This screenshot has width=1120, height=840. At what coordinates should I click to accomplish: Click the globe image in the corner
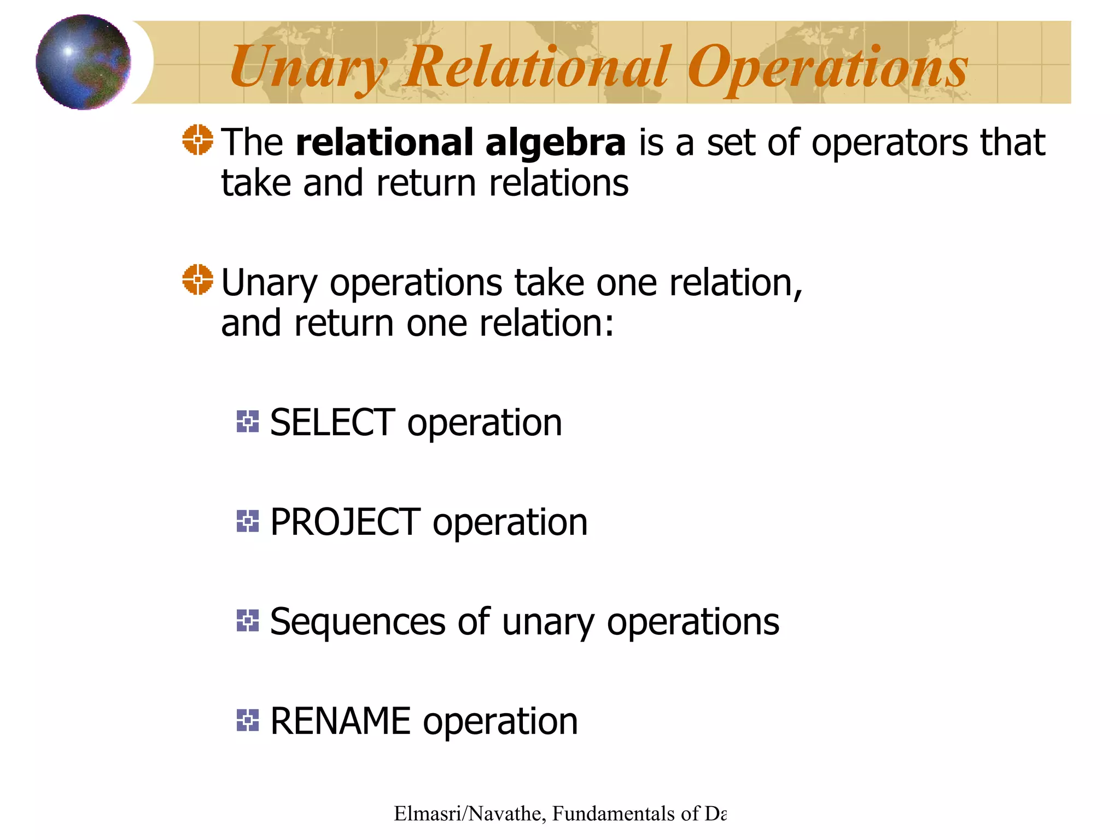[x=83, y=62]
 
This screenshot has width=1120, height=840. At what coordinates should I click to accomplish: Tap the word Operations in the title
[x=827, y=67]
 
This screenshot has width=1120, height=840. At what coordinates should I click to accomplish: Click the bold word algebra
[x=555, y=142]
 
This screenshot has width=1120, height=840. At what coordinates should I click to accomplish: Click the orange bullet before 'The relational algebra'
[x=197, y=140]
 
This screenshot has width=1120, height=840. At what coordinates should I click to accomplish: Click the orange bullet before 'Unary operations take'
[x=197, y=279]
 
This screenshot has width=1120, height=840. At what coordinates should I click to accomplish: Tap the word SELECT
[x=332, y=422]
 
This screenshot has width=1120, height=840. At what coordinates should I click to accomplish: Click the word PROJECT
[x=345, y=522]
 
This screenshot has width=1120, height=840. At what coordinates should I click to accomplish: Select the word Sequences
[x=358, y=622]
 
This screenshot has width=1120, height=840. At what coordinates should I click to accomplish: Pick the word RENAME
[x=340, y=721]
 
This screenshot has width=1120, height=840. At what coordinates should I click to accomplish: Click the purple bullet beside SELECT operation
[x=248, y=422]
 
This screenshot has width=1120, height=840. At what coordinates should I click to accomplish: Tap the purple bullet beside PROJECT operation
[x=248, y=521]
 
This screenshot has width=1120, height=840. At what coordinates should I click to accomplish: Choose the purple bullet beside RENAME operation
[x=248, y=720]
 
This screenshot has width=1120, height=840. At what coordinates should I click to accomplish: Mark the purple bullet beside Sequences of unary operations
[x=248, y=621]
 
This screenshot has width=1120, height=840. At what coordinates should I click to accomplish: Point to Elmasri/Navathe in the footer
[x=469, y=814]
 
